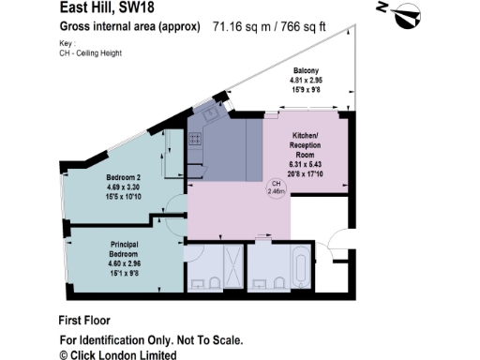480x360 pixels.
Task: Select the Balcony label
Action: tap(306, 71)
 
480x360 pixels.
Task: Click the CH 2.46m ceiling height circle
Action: tap(277, 187)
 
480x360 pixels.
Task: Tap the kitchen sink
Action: tap(208, 112)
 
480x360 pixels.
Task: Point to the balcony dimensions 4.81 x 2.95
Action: tap(306, 81)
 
